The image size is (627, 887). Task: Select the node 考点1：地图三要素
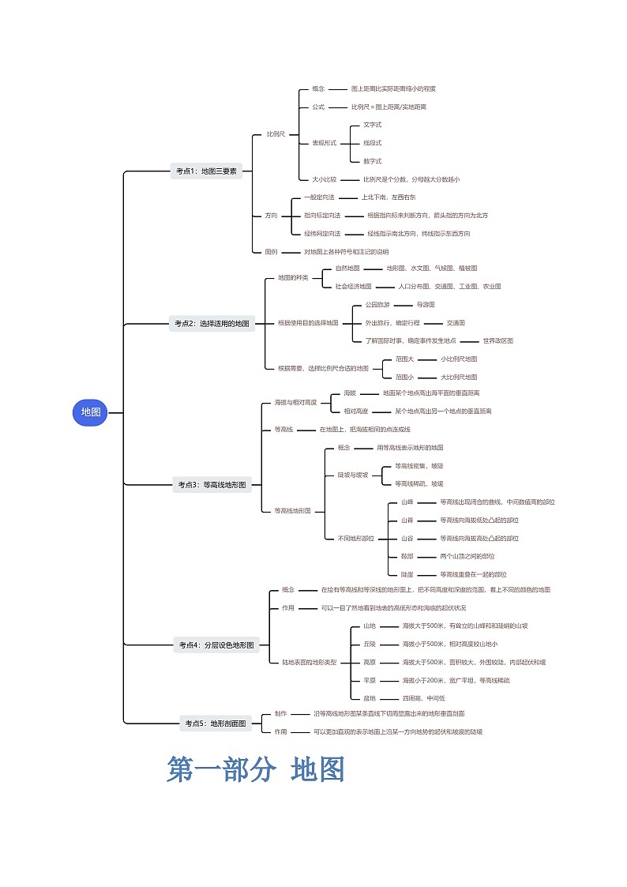[x=206, y=171]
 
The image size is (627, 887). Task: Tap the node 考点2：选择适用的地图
[x=212, y=323]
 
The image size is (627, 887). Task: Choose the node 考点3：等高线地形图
[x=212, y=485]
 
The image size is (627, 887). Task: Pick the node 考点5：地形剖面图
[x=216, y=723]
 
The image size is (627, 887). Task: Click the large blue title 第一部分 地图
[x=256, y=769]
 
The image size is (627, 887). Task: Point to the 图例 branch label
[x=271, y=252]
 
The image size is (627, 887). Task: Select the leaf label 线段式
[x=372, y=143]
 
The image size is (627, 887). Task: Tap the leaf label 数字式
[x=372, y=161]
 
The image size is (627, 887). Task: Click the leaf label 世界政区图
[x=497, y=340]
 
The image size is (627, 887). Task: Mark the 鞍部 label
[x=407, y=556]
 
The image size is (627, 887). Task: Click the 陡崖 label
[x=407, y=574]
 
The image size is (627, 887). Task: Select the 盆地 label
[x=370, y=698]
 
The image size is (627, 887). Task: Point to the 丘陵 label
[x=370, y=644]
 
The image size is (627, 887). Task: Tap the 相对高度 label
[x=355, y=411]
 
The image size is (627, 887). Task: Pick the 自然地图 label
[x=347, y=269]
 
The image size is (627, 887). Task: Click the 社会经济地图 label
[x=353, y=287]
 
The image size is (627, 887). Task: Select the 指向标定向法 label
[x=322, y=216]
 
